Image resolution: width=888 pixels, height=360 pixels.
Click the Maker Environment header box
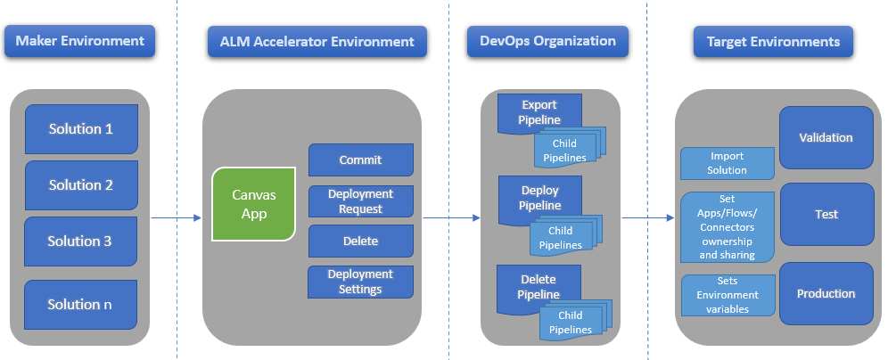pyautogui.click(x=80, y=42)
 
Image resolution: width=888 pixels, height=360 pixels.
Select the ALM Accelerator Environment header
pyautogui.click(x=310, y=42)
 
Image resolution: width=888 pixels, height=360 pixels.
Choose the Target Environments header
pyautogui.click(x=772, y=42)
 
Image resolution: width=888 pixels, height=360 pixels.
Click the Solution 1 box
pyautogui.click(x=80, y=129)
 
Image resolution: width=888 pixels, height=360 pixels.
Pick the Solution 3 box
pyautogui.click(x=80, y=241)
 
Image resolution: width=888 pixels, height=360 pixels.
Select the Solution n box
pyautogui.click(x=80, y=304)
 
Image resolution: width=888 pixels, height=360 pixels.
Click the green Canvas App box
pyautogui.click(x=253, y=204)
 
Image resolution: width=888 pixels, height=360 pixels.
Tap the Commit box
pyautogui.click(x=360, y=160)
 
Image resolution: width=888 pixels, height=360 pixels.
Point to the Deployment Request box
pyautogui.click(x=360, y=201)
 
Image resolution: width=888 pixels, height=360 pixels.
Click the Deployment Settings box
pyautogui.click(x=360, y=282)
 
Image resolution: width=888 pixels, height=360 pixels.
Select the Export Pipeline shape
pyautogui.click(x=539, y=111)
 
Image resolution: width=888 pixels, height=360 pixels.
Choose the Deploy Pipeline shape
pyautogui.click(x=539, y=198)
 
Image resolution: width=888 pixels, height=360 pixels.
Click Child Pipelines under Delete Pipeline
pyautogui.click(x=571, y=323)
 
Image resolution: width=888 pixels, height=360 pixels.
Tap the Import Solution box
pyautogui.click(x=727, y=163)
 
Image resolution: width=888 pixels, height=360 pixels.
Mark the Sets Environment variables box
pyautogui.click(x=727, y=295)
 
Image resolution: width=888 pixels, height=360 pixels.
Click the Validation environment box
pyautogui.click(x=826, y=138)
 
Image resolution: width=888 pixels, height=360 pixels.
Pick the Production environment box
pyautogui.click(x=826, y=293)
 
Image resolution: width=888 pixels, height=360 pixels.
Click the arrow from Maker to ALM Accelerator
pyautogui.click(x=177, y=217)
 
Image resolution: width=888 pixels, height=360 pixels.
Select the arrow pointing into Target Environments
pyautogui.click(x=646, y=217)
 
